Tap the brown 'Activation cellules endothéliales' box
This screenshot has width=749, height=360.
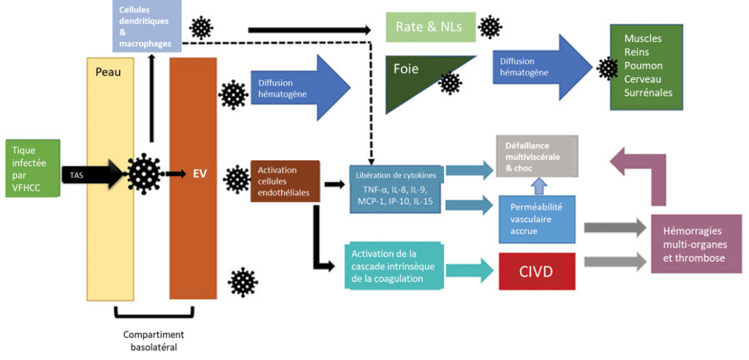click(x=285, y=181)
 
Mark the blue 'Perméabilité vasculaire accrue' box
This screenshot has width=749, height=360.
click(x=541, y=218)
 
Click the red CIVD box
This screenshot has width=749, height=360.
click(x=537, y=272)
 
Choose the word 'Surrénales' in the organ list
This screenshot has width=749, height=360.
click(x=648, y=92)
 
